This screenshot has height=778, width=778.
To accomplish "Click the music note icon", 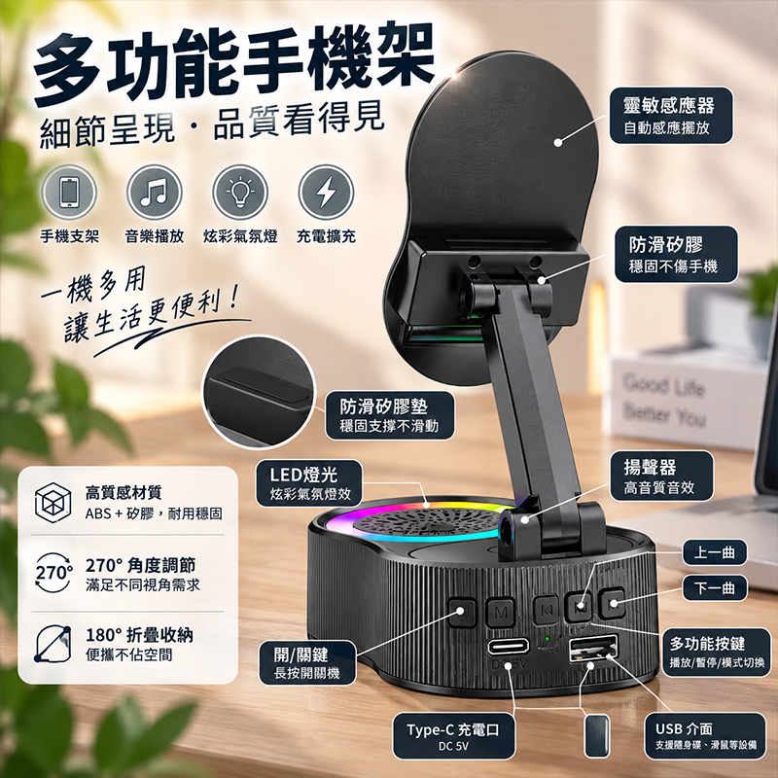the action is (x=155, y=192).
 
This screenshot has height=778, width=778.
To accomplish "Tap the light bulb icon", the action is (x=240, y=192).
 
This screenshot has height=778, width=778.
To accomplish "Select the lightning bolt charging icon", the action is (x=326, y=192).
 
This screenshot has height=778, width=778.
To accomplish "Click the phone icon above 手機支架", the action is (x=69, y=192).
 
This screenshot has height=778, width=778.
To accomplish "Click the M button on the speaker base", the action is (x=500, y=613).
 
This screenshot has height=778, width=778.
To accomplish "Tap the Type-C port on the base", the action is (x=508, y=647).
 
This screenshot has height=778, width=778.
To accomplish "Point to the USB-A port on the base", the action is (x=593, y=648).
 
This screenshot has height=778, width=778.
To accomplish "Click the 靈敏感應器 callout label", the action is (x=671, y=116).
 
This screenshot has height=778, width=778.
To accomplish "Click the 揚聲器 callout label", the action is (x=661, y=476).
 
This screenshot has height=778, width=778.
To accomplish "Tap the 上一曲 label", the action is (x=715, y=552).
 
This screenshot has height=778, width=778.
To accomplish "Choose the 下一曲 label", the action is (x=715, y=588).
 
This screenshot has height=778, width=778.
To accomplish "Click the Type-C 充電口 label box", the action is (x=453, y=736).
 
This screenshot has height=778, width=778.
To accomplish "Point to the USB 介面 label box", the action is (x=705, y=736).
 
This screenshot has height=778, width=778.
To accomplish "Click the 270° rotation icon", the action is (x=53, y=573).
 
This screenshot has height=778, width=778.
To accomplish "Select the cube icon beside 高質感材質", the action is (x=53, y=503).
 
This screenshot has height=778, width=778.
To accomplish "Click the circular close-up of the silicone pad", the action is (x=259, y=392).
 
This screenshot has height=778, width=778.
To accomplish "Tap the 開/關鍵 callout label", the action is (x=307, y=663).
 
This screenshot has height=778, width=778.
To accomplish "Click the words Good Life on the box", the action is (x=664, y=385).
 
